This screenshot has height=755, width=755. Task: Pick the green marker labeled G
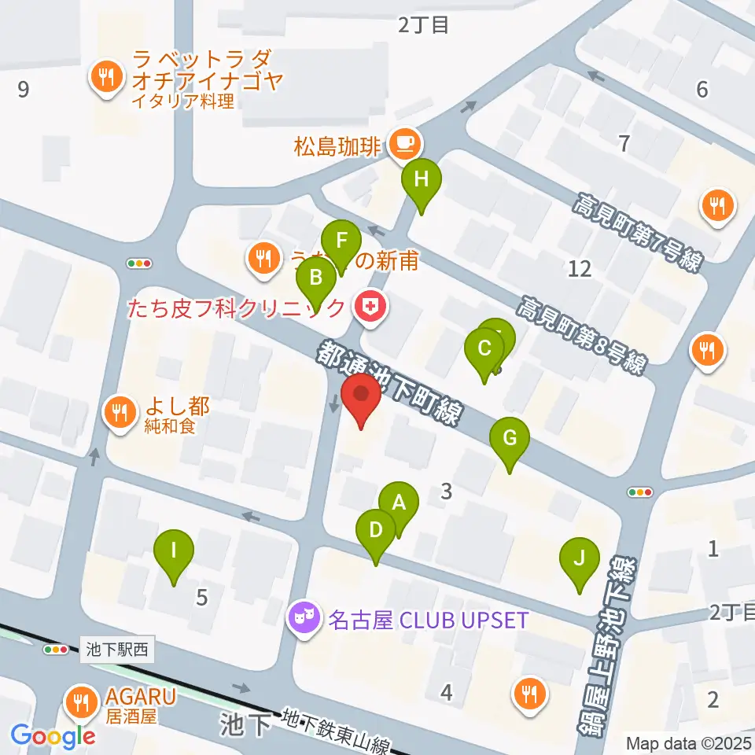[510, 440]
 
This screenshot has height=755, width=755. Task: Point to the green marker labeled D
[376, 532]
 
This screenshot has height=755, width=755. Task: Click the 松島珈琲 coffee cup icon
[406, 142]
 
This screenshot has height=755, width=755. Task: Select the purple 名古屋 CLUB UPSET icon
[302, 619]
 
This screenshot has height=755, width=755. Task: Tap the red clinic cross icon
[369, 307]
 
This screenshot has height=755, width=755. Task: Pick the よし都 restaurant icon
[120, 411]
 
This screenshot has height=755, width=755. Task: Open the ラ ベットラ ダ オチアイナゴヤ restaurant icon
[105, 77]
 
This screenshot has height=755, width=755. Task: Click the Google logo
[52, 735]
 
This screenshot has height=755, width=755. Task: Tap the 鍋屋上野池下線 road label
[610, 645]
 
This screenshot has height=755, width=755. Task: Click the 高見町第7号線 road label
[635, 233]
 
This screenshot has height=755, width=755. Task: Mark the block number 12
[580, 269]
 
